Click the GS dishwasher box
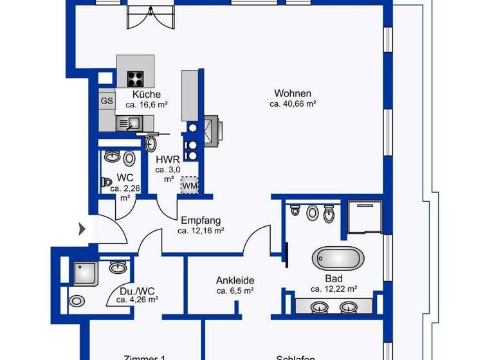[x=107, y=101]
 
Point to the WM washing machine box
[x=189, y=186]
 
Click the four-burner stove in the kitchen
[x=135, y=78]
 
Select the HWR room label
[x=168, y=160]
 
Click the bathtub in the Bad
[x=338, y=259]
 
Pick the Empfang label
[x=201, y=219]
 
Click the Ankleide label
[x=235, y=280]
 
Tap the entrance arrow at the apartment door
[x=82, y=228]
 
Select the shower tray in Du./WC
[x=86, y=273]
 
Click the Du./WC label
[x=137, y=289]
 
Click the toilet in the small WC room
[x=106, y=182]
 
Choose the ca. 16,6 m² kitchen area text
[x=146, y=104]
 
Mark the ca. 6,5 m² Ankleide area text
[x=235, y=291]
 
